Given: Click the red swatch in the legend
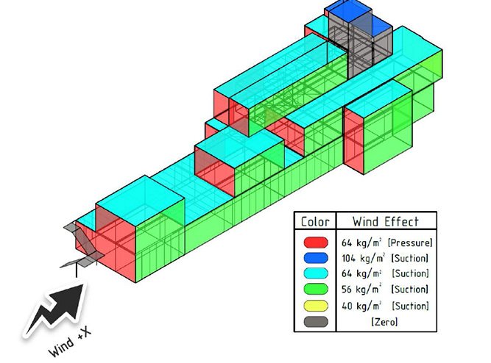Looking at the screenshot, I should point(314,242).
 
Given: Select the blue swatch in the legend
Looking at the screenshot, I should point(314,258).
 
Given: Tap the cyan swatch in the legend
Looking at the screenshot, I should point(314,274).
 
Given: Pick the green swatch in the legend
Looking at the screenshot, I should point(314,290).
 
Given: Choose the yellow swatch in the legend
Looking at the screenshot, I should point(314,306).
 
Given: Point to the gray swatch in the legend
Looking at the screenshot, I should point(314,321).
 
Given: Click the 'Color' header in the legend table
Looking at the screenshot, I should point(314,221).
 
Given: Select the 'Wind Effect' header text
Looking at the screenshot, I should point(385,221).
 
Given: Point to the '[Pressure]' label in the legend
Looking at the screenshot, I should point(411,242).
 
